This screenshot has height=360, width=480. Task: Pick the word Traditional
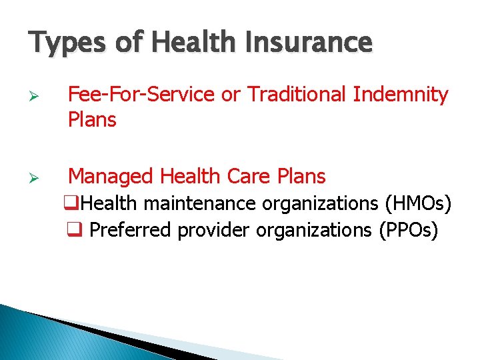coord(299,95)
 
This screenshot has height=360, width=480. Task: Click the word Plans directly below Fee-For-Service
coord(92,121)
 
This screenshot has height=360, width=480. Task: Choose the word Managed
coord(111,177)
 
